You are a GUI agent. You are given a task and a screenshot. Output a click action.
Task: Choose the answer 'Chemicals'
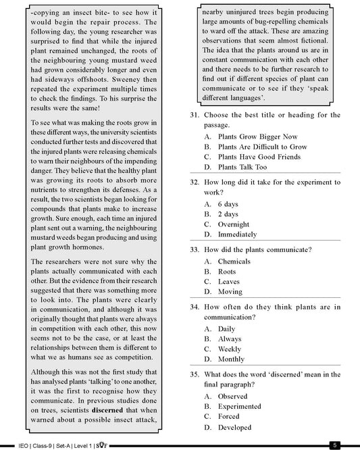(234, 261)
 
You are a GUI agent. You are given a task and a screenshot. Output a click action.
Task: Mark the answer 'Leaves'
(229, 281)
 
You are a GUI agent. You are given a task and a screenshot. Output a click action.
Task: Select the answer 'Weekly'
(230, 349)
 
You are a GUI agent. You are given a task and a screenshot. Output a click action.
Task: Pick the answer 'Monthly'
(232, 359)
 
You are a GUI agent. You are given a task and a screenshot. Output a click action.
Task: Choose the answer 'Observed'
(233, 396)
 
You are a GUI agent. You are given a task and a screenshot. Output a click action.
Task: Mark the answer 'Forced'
(230, 416)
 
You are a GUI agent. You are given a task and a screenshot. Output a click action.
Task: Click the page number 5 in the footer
(334, 445)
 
